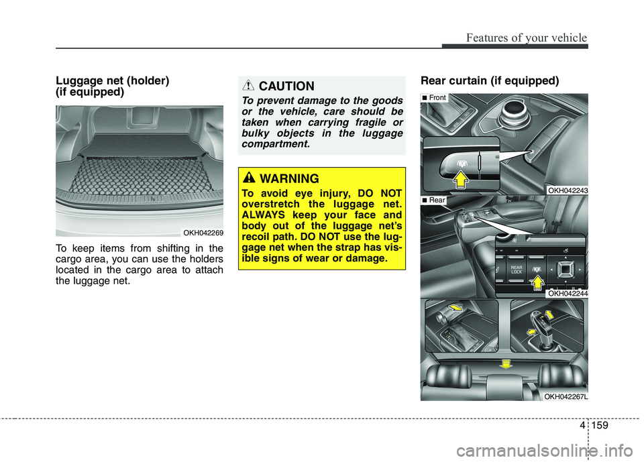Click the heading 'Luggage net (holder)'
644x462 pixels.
113,80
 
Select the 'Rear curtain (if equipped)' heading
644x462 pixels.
490,80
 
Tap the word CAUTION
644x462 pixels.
286,86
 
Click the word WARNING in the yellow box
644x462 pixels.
289,178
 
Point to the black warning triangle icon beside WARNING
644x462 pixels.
249,178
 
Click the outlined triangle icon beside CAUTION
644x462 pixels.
248,85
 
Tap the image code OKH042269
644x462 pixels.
203,233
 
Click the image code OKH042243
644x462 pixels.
568,190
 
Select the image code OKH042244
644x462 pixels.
568,293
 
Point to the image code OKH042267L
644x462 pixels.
566,396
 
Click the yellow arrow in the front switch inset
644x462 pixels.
460,180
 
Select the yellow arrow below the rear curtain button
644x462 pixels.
537,282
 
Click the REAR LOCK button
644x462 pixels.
517,270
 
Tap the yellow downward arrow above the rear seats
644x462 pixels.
506,363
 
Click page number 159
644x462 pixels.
600,425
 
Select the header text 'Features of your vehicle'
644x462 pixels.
527,38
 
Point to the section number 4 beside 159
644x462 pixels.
582,425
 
